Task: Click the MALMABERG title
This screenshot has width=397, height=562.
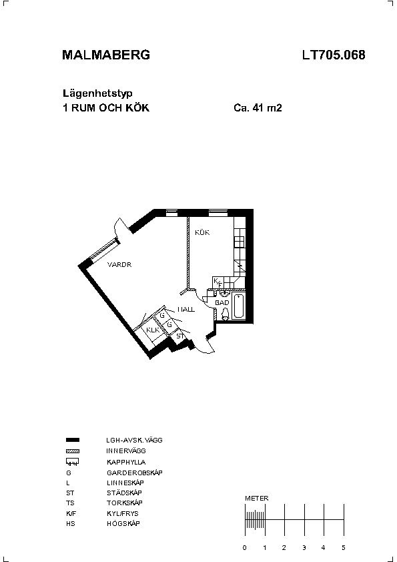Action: (x=106, y=55)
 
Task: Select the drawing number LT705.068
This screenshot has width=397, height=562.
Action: (x=334, y=55)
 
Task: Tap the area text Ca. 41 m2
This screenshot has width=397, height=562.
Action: (x=258, y=107)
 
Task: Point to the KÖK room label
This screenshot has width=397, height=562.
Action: (x=202, y=233)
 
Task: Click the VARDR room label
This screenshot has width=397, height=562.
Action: (x=119, y=265)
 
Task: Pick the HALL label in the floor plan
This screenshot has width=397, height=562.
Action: (x=186, y=309)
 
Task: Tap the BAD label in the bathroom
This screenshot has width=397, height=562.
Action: (x=222, y=303)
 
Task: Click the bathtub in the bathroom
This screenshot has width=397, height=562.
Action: (x=238, y=306)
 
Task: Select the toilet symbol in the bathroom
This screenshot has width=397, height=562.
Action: (x=225, y=314)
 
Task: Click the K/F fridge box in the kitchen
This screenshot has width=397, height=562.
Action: (x=218, y=282)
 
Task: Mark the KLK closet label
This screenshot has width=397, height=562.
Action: (x=153, y=330)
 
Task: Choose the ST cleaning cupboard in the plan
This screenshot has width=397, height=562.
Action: (x=180, y=336)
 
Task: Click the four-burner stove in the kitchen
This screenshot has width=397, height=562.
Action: (x=240, y=242)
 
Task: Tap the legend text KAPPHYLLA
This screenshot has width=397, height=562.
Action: (x=126, y=463)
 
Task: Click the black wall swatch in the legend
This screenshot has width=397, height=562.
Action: (x=73, y=440)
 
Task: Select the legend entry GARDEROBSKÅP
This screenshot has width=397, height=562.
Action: (x=135, y=473)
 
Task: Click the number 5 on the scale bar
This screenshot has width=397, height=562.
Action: (x=343, y=548)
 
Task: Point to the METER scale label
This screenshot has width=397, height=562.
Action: (x=256, y=498)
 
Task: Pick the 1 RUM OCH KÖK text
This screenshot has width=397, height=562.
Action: (x=106, y=108)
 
